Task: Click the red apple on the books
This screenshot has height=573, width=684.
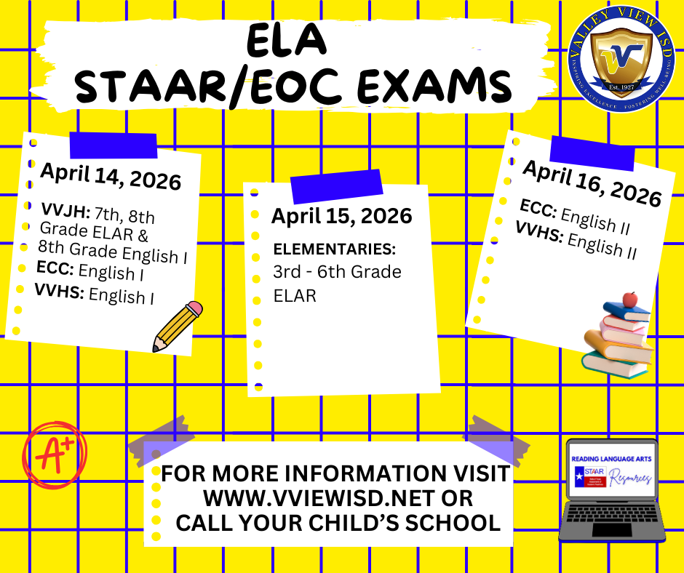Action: point(630,299)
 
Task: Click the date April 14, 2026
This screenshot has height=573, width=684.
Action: point(111,175)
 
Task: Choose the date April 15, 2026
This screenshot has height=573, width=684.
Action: point(341,216)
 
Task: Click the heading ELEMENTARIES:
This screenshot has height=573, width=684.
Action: point(334,249)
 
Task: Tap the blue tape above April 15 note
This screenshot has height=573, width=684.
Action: point(336,186)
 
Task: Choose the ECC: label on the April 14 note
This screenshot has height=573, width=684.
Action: point(55,268)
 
